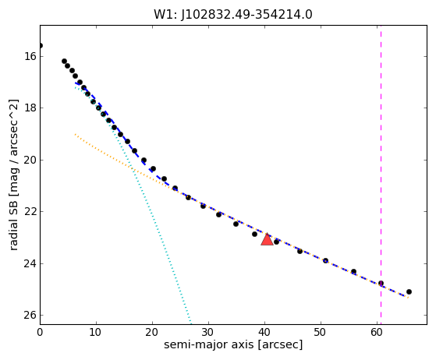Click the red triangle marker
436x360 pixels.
coord(267,239)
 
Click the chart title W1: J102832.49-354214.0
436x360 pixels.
coord(233,15)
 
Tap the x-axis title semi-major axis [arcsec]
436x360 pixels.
coord(233,344)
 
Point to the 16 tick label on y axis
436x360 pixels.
coord(30,56)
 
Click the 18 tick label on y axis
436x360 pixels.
coord(30,108)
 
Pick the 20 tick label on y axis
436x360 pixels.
coord(30,160)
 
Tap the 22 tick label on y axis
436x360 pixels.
coord(30,212)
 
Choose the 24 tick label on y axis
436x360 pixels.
coord(30,263)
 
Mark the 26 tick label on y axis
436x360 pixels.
coord(30,316)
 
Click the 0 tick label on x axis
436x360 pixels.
coord(40,332)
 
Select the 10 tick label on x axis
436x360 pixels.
coord(96,332)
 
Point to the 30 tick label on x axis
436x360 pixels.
coord(208,332)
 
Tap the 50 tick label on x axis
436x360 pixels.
coord(321,332)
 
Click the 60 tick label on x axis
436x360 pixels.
coord(377,332)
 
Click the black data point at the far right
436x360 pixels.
coord(409,291)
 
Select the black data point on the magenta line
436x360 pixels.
coord(381,284)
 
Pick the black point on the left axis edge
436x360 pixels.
coord(41,45)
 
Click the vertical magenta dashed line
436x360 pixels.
coord(381,175)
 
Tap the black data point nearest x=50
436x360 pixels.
coord(325,260)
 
